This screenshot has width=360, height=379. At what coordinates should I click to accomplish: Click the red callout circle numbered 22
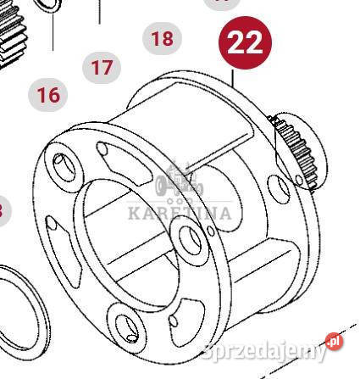245,42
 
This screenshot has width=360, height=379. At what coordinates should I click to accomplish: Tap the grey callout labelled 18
162,38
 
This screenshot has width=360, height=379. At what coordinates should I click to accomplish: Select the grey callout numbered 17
102,68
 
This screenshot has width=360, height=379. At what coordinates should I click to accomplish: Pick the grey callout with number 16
48,95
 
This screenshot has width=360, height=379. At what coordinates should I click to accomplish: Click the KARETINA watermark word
180,213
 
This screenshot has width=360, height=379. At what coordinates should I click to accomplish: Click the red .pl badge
335,343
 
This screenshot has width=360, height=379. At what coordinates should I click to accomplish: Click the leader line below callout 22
233,78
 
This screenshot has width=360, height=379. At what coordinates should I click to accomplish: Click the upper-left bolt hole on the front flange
64,167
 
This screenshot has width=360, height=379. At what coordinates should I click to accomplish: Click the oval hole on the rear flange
278,189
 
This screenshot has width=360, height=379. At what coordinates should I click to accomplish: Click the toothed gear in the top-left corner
14,31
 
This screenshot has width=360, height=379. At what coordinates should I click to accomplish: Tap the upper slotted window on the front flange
125,163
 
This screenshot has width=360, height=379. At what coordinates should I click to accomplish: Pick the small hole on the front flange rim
211,231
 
